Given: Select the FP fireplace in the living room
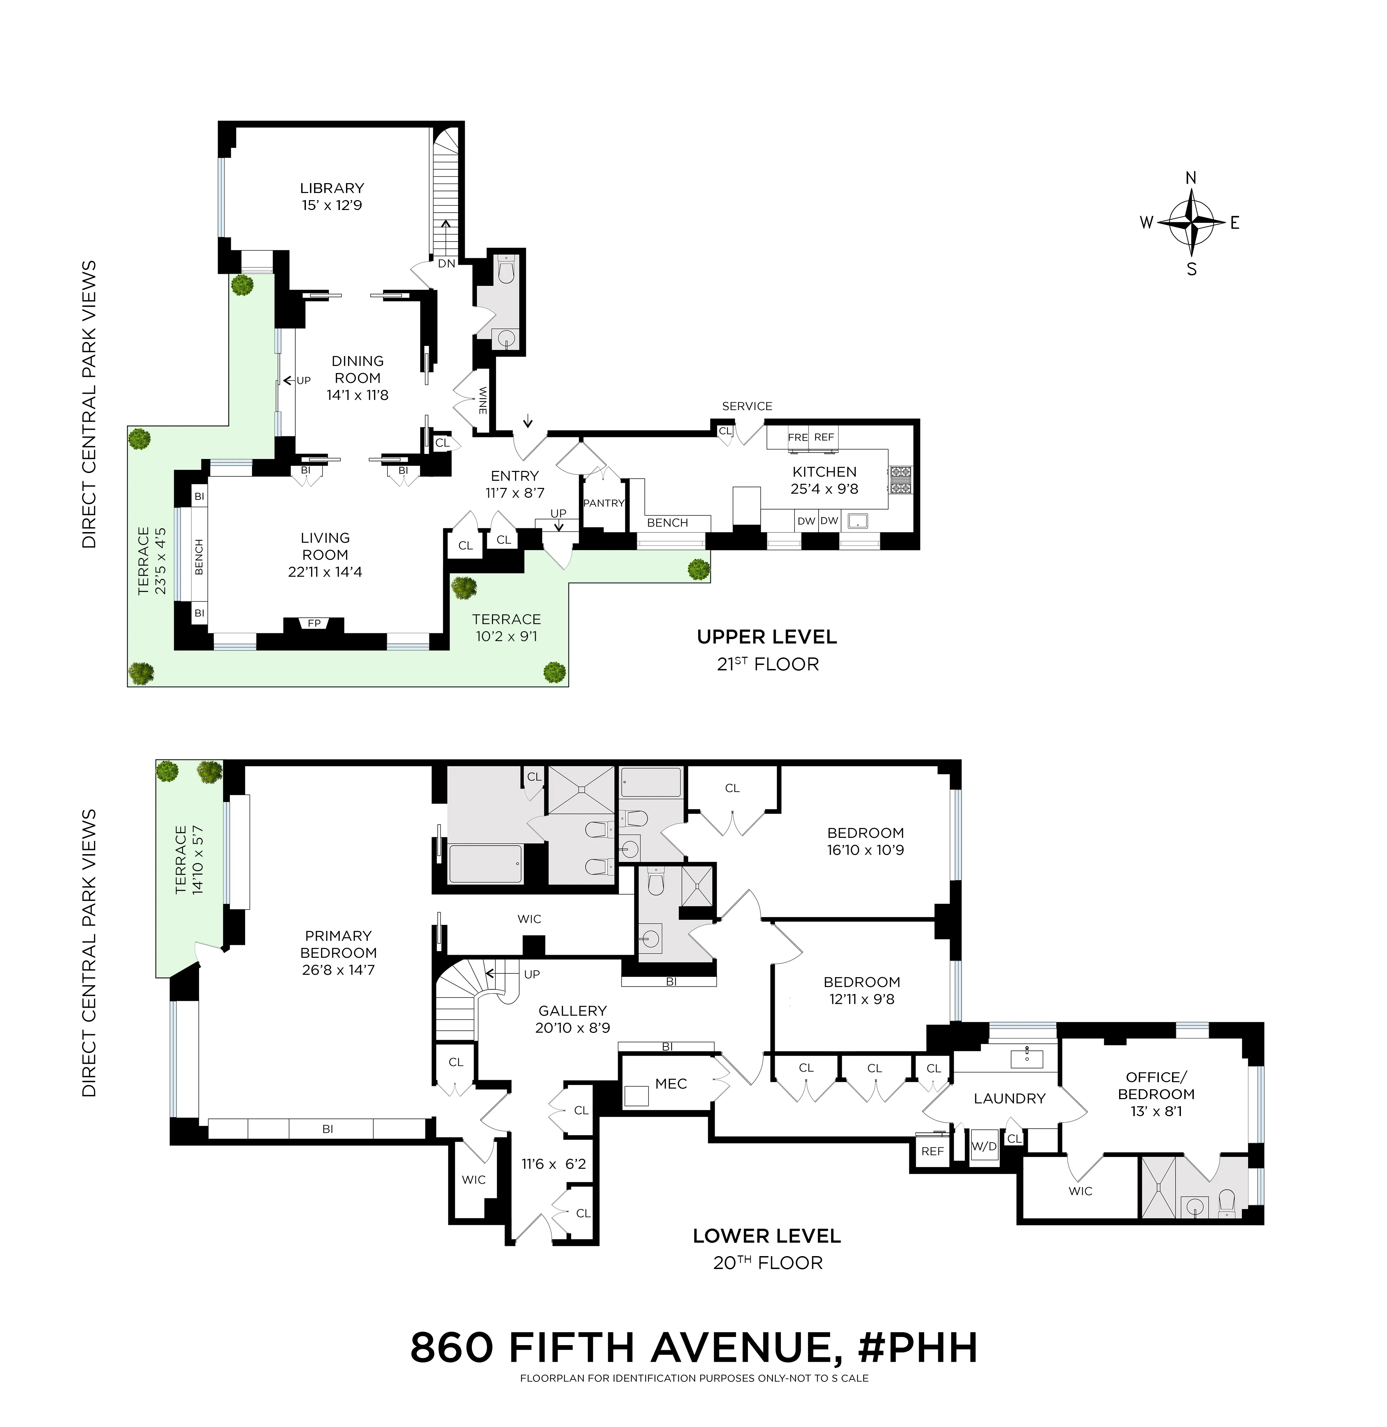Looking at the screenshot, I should coord(314,623).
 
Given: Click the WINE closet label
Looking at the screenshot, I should coord(482,401).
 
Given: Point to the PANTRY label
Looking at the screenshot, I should coord(604,503).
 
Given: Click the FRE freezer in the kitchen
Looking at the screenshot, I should coord(798,437).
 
